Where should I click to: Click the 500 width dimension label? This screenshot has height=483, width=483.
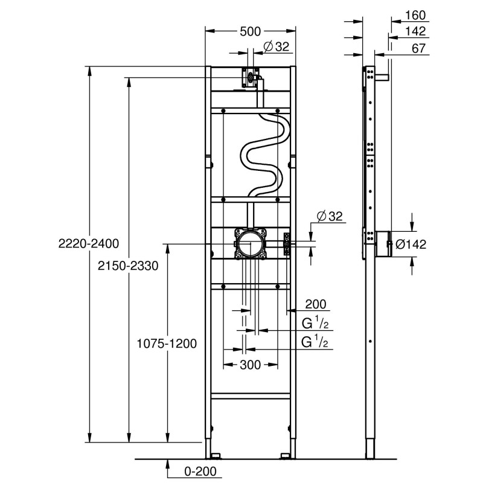(250, 31)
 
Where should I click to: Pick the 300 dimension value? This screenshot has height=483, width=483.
(251, 365)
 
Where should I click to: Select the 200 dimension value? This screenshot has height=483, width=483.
(315, 304)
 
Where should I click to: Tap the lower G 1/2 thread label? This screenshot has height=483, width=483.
(316, 342)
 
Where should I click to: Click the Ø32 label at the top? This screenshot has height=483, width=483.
(277, 46)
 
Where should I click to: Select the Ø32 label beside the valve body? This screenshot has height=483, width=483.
(329, 216)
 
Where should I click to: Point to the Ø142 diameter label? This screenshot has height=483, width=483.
(411, 244)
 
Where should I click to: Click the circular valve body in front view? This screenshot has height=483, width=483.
(249, 244)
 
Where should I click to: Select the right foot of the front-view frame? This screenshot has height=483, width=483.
(285, 454)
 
